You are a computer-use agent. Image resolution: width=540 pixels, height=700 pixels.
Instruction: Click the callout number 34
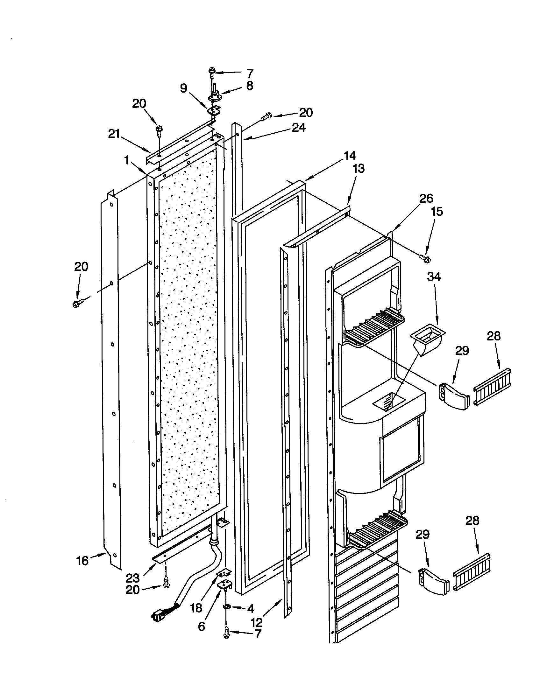coord(434,276)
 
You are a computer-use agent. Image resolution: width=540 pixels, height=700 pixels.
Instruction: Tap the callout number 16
coord(82,561)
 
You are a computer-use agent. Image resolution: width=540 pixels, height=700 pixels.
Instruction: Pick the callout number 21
coord(114,134)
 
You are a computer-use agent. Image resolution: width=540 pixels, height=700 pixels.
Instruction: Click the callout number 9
coord(184,88)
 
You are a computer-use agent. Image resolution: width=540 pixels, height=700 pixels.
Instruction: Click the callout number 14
coord(350,156)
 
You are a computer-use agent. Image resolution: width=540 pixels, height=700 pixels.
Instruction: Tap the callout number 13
coord(359,168)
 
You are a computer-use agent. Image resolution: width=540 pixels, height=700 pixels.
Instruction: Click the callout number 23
coord(132,578)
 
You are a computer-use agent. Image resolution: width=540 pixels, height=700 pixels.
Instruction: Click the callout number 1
coord(127,160)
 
